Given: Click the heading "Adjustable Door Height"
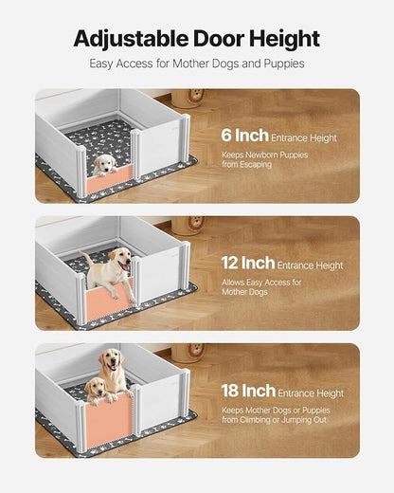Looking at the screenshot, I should [197, 39].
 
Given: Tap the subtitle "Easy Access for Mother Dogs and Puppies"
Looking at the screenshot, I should [197, 64].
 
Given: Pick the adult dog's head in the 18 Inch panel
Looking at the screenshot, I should [113, 361].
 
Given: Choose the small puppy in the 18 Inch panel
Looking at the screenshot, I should [96, 388].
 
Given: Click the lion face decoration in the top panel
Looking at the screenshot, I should [196, 97].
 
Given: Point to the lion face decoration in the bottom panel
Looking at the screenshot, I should [196, 351].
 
